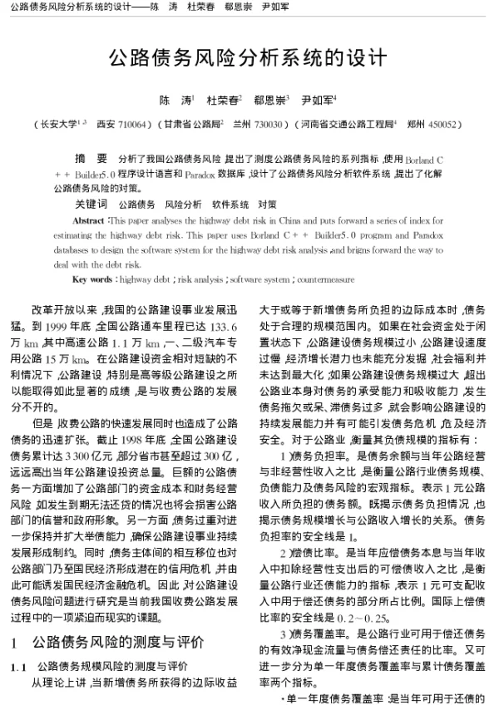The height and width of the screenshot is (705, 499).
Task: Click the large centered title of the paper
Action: (x=249, y=59)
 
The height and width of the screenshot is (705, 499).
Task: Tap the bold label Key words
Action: (x=91, y=279)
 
